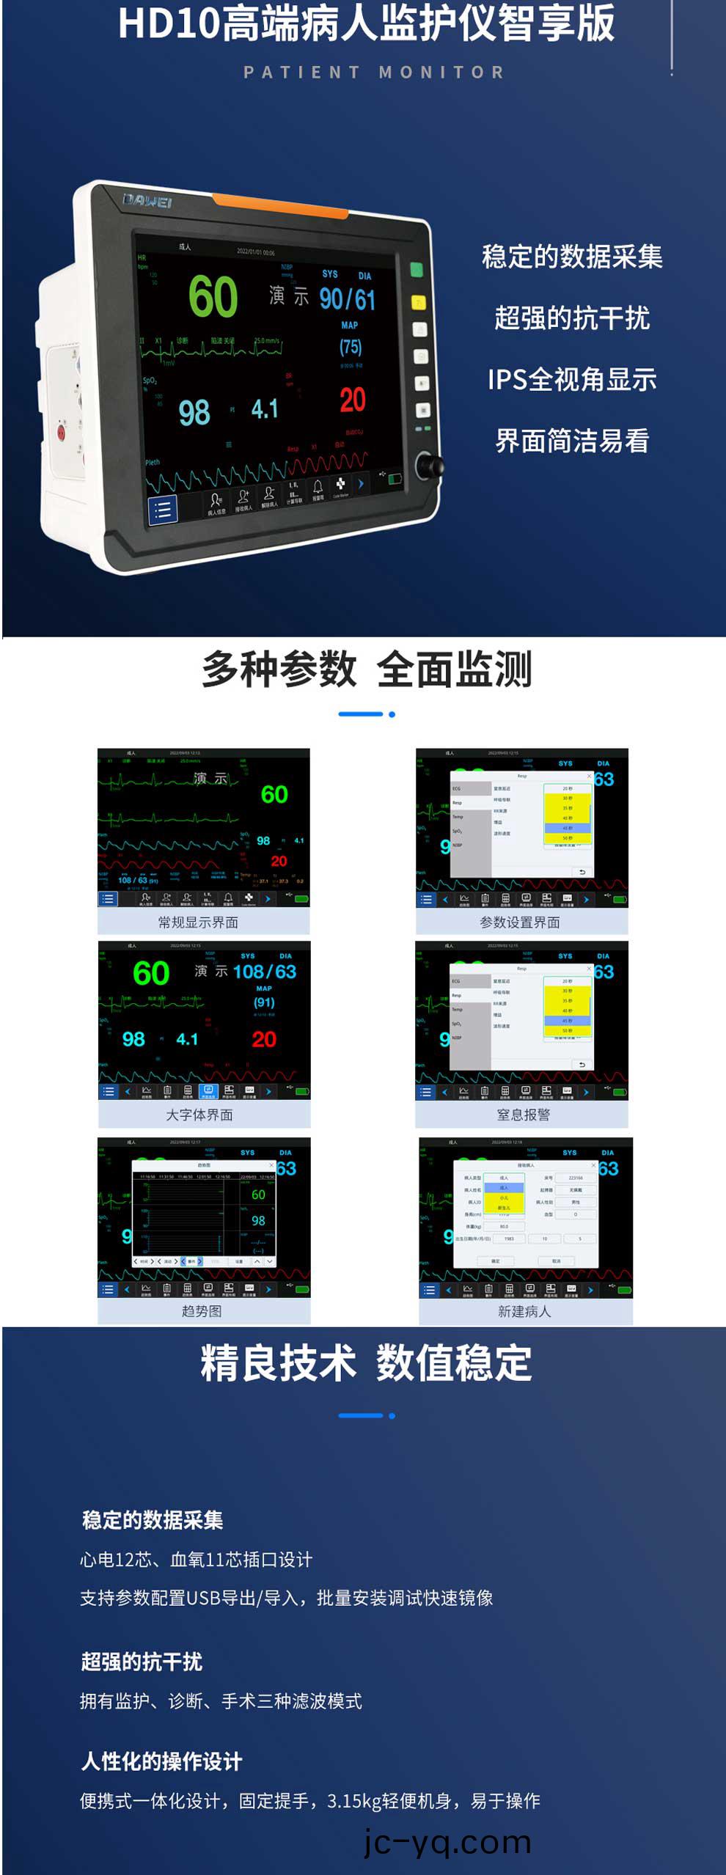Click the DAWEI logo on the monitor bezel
pos(147,201)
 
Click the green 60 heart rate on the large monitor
pos(213,297)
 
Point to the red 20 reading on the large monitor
pos(352,400)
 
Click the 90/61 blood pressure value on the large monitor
pos(347,299)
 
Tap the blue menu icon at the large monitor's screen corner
pos(163,510)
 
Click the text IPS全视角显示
pos(572,380)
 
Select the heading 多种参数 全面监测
pos(367,669)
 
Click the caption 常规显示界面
pos(198,922)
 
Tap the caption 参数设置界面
pos(520,922)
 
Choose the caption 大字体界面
pos(199,1115)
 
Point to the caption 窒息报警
pos(523,1115)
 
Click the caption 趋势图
pos(201,1311)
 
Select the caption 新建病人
pos(524,1311)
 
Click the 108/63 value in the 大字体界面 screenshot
pos(265,972)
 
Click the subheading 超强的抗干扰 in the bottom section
pos(142,1662)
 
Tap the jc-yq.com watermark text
pos(447,1842)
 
